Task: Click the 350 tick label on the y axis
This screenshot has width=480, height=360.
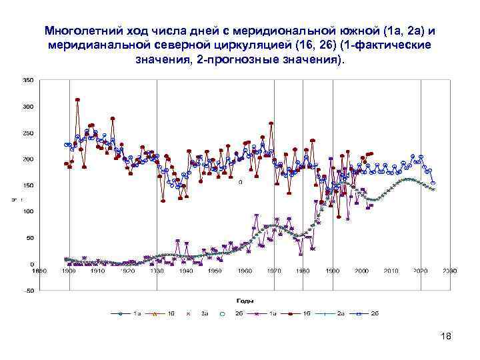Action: point(28,80)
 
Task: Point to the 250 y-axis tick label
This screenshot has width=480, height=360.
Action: point(28,133)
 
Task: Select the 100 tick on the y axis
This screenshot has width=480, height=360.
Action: point(28,211)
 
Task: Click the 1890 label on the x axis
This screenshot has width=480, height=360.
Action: point(39,271)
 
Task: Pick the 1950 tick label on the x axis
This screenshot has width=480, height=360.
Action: point(215,271)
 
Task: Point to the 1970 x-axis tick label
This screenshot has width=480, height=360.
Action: point(273,271)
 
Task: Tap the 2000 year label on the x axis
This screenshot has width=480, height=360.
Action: point(361,271)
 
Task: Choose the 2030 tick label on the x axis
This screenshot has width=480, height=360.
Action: point(449,271)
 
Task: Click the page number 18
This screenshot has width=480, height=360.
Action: point(446,336)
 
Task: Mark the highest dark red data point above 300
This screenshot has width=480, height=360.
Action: point(78,100)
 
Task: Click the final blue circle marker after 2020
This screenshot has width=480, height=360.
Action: point(433,183)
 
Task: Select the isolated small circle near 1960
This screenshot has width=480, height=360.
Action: point(240,181)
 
